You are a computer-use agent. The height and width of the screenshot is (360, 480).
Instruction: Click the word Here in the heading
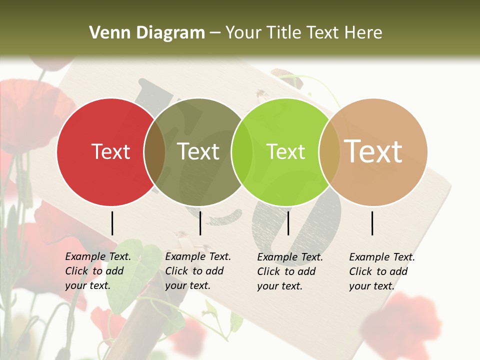click(365, 33)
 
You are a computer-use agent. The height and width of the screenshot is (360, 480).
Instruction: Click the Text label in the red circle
click(110, 151)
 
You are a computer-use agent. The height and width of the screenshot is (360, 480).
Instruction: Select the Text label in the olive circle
click(198, 151)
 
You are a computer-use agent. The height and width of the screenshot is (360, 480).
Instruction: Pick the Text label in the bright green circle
click(285, 151)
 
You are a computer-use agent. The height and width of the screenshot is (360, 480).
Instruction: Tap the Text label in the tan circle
click(373, 151)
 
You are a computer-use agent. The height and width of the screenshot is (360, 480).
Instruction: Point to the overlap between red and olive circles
click(154, 152)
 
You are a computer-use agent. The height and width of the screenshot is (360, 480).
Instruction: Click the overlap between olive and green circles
click(242, 152)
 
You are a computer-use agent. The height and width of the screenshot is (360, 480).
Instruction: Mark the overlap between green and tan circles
click(329, 152)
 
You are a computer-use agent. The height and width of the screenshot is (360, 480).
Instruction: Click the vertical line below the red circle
click(112, 223)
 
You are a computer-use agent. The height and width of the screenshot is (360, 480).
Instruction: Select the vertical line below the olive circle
click(200, 223)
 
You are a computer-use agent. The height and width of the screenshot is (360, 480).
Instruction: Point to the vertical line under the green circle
click(288, 223)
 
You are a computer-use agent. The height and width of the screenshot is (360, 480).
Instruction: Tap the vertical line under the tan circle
click(372, 223)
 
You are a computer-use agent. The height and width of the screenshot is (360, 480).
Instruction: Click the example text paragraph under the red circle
click(97, 271)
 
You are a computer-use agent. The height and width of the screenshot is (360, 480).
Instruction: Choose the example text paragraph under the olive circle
click(197, 271)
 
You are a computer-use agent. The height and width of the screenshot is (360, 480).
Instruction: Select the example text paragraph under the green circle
click(289, 271)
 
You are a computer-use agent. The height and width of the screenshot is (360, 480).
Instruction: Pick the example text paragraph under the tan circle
click(381, 271)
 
